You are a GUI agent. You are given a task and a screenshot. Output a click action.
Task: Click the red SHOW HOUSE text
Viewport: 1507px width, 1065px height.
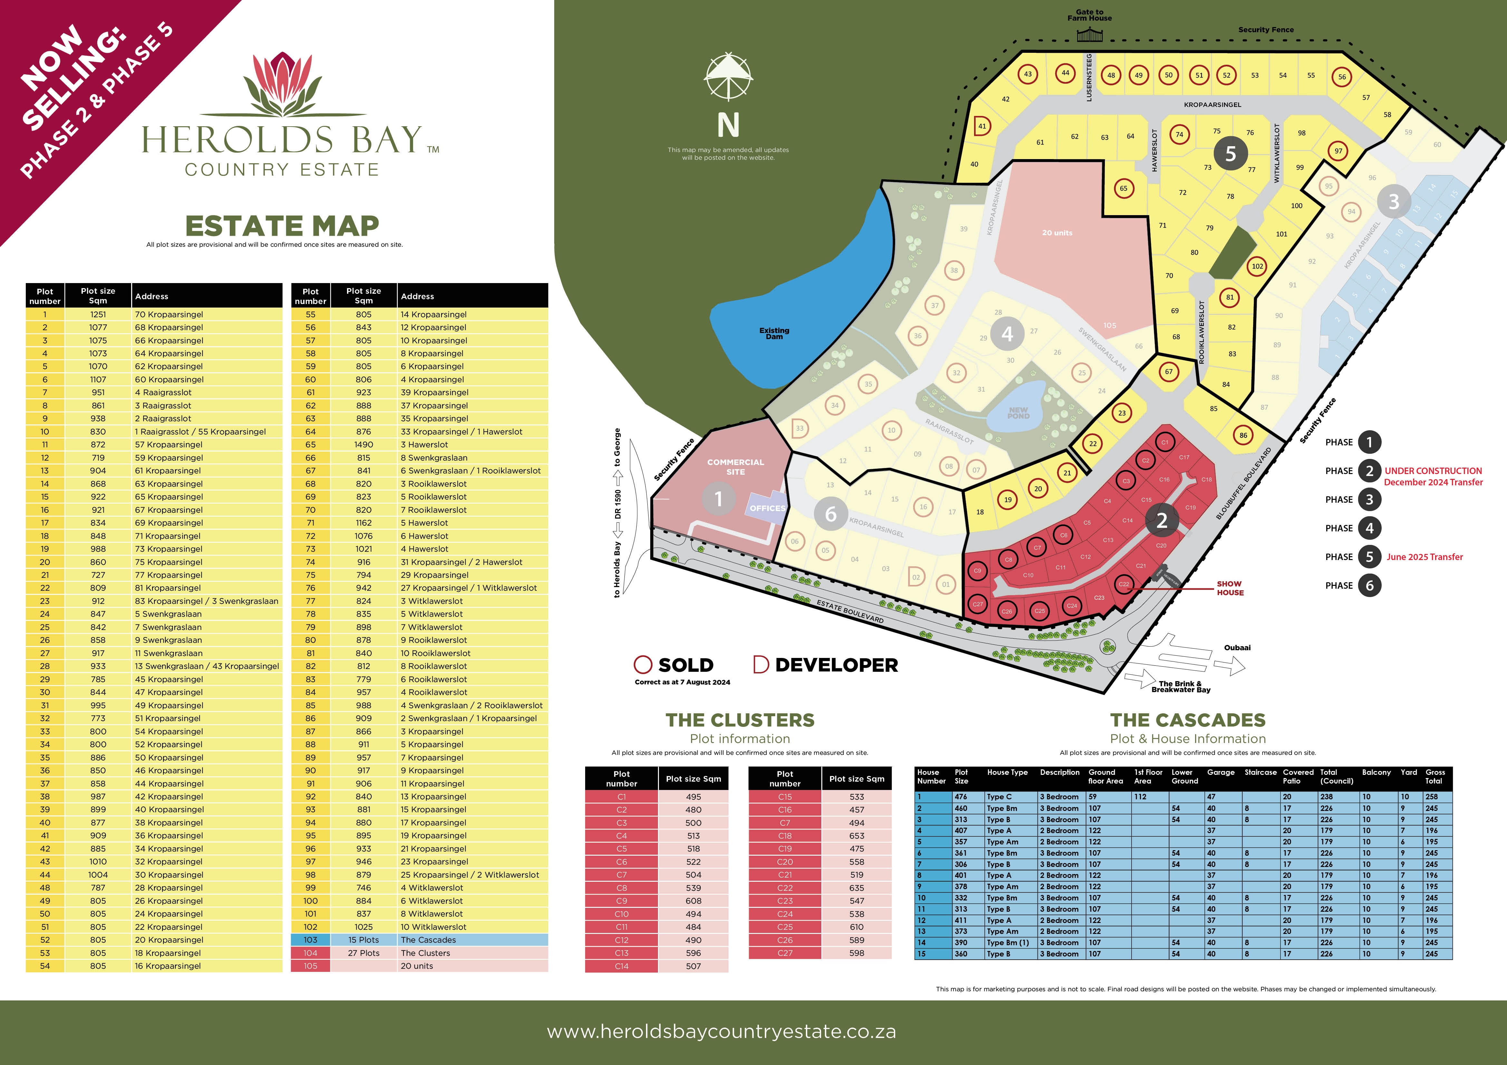[x=1229, y=588]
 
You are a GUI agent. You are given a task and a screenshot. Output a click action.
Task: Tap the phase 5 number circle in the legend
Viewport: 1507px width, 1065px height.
[x=1369, y=556]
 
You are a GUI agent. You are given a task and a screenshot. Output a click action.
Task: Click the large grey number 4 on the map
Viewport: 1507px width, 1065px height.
[x=1007, y=334]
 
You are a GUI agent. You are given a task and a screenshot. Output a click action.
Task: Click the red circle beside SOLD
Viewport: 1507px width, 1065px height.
[x=642, y=665]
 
